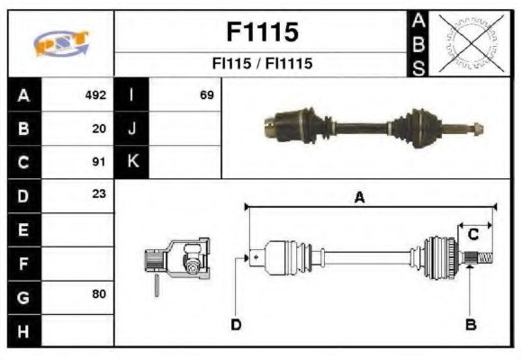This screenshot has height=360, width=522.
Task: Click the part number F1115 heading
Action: pos(261,32)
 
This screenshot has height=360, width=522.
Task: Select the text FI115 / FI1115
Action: pos(261,65)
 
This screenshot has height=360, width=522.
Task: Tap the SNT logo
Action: pos(61,43)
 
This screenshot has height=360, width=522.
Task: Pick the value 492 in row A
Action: pos(95,94)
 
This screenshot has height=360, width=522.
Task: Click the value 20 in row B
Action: pos(99,129)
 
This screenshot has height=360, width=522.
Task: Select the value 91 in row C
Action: pos(99,163)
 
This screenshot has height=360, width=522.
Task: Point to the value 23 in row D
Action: pos(99,193)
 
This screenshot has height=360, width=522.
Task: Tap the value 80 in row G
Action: pos(99,294)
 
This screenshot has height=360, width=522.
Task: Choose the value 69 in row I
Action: pos(206,94)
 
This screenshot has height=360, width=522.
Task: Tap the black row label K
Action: pos(131,162)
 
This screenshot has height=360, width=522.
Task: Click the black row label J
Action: pos(131,129)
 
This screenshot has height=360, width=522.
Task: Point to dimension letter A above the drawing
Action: pos(359,198)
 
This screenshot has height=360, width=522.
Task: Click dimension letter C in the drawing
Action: pos(472,234)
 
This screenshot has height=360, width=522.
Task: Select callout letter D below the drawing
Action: pos(236,324)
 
